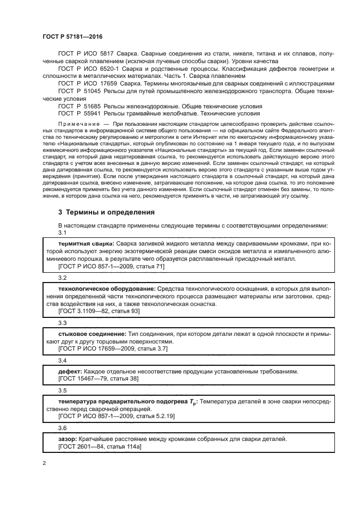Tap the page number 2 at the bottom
tap(44, 463)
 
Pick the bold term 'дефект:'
tap(70, 371)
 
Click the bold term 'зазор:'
tap(68, 439)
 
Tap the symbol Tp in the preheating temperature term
tap(192, 401)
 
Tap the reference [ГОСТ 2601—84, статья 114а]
tap(100, 446)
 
